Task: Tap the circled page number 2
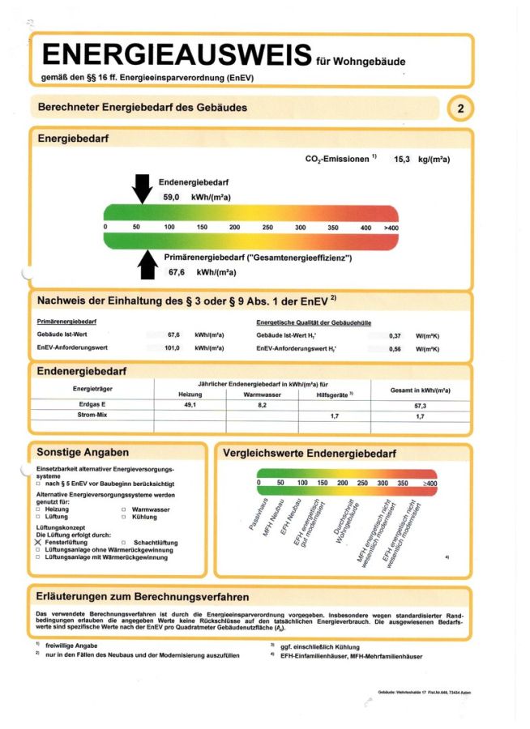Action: point(460,108)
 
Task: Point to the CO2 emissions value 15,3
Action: point(404,160)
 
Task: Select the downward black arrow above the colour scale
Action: point(141,188)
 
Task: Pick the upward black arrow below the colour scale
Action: point(147,264)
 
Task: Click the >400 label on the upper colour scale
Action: point(391,228)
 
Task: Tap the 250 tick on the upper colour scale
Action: point(267,228)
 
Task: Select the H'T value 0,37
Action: point(395,335)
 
